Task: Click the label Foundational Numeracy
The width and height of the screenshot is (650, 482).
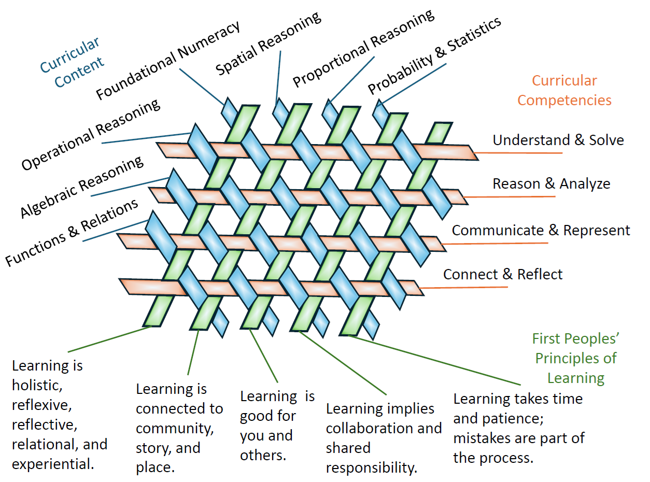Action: click(168, 61)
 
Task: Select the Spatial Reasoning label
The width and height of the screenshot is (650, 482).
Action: click(268, 44)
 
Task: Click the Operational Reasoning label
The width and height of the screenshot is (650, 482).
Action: click(91, 135)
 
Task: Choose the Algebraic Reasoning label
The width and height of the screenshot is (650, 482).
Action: click(82, 187)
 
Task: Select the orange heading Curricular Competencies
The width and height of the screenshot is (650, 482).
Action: click(564, 90)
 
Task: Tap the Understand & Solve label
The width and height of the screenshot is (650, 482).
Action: click(558, 140)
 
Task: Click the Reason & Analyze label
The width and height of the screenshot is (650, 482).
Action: click(551, 184)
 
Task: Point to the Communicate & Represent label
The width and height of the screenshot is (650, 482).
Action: click(541, 230)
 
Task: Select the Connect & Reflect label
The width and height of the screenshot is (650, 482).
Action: click(502, 274)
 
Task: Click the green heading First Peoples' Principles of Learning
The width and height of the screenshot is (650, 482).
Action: click(576, 358)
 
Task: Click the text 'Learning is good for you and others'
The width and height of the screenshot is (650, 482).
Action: click(277, 426)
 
